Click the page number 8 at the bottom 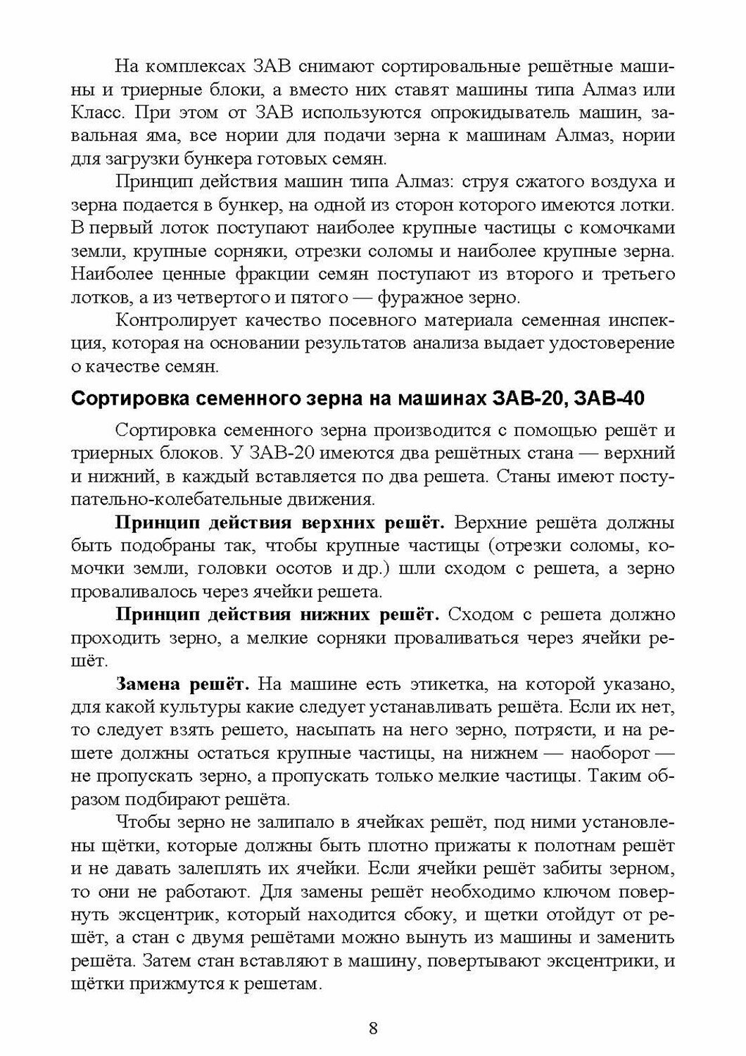[373, 1028]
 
